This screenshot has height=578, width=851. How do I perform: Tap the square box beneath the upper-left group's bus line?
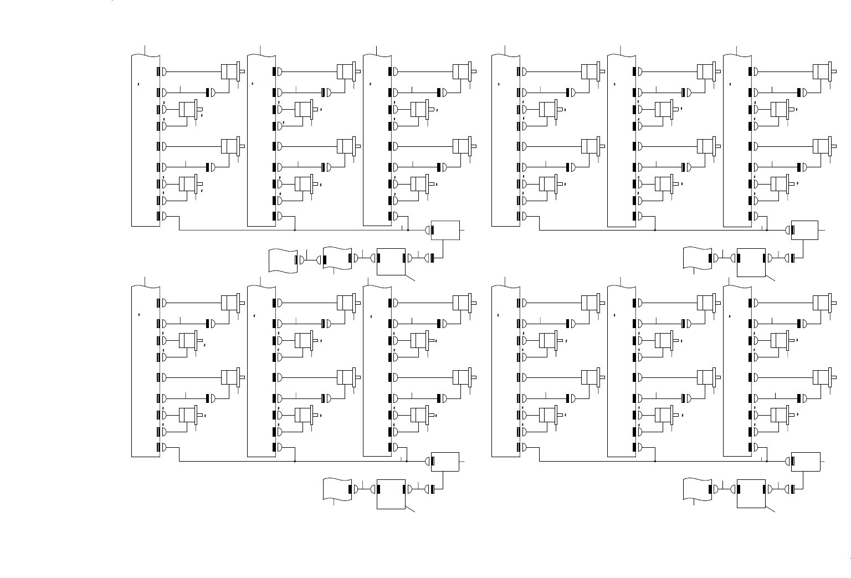(x=391, y=261)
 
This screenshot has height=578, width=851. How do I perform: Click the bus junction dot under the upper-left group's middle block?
(x=295, y=229)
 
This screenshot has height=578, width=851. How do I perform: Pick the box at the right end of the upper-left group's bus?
(x=445, y=230)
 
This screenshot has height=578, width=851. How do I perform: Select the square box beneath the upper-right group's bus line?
(x=751, y=262)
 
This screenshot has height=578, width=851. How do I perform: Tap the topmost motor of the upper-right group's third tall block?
(x=821, y=71)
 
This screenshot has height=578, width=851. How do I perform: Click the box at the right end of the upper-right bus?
(x=804, y=230)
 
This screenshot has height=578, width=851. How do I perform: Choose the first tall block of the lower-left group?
(x=146, y=371)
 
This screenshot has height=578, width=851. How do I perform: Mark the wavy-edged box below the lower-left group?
(x=337, y=489)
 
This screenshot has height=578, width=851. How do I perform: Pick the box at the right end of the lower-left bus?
(x=445, y=461)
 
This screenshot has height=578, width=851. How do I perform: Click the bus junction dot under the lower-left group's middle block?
(x=295, y=461)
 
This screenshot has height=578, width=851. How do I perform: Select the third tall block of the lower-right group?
(x=737, y=371)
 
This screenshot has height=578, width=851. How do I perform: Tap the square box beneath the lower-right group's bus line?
(x=751, y=493)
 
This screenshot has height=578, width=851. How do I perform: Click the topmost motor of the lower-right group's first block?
(x=589, y=303)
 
